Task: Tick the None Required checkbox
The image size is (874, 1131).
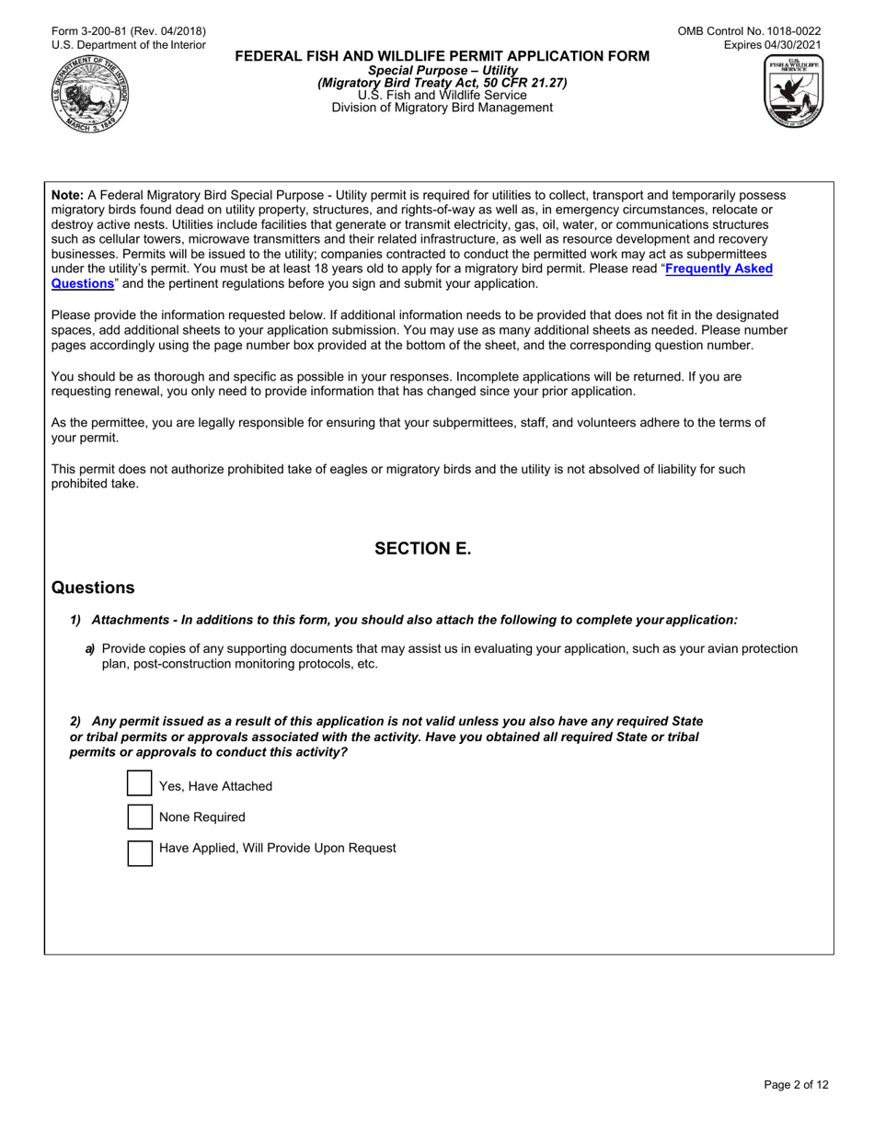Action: (139, 817)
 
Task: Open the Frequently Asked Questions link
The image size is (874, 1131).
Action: (718, 269)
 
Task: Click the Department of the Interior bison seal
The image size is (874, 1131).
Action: (90, 94)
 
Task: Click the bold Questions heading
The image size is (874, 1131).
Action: (93, 588)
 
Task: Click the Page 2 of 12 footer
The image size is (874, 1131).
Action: (797, 1085)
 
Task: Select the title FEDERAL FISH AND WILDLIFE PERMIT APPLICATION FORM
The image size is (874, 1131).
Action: (443, 56)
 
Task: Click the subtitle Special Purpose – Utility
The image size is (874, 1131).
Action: (443, 71)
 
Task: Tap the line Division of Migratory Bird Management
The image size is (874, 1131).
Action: (443, 108)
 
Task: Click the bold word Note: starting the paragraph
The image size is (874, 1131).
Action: (67, 195)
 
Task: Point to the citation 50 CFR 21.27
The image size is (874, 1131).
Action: (526, 83)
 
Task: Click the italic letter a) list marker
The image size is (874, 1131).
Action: (90, 649)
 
